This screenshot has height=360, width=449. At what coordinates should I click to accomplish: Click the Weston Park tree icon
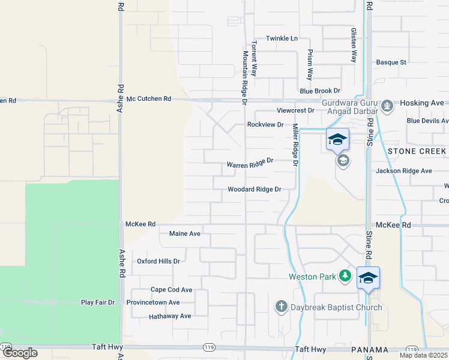click(x=345, y=276)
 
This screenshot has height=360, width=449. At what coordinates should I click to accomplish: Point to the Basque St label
click(x=391, y=62)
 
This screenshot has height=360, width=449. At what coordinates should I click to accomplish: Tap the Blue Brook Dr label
click(x=320, y=91)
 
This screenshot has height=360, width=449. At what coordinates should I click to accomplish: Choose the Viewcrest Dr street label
click(x=295, y=110)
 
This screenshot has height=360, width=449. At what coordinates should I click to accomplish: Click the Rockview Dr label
click(x=265, y=125)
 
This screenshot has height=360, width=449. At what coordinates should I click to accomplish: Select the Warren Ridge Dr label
click(x=250, y=163)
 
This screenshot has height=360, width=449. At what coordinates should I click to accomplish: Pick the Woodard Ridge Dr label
click(x=255, y=189)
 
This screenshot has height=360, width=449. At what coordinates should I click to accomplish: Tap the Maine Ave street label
click(x=185, y=233)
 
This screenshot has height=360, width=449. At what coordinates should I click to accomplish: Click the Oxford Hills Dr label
click(x=158, y=262)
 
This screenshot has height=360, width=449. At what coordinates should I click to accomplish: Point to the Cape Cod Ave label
click(x=171, y=289)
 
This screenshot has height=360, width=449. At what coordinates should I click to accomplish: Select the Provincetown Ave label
click(x=153, y=302)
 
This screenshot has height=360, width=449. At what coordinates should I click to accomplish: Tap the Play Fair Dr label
click(x=98, y=302)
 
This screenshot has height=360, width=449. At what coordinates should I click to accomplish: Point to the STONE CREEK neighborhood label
click(x=417, y=151)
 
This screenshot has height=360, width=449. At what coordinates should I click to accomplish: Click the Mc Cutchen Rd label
click(x=149, y=98)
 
